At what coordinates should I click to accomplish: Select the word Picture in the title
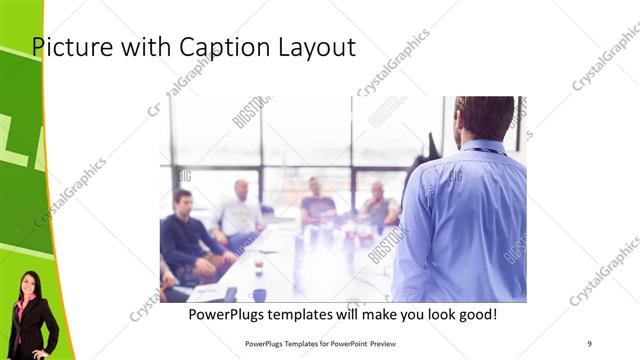point(68,47)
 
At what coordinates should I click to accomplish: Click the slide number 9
point(590,344)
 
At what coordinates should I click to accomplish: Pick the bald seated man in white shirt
point(240,210)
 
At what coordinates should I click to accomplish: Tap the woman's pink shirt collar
point(24,304)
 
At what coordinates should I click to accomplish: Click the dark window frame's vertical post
point(262,150)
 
